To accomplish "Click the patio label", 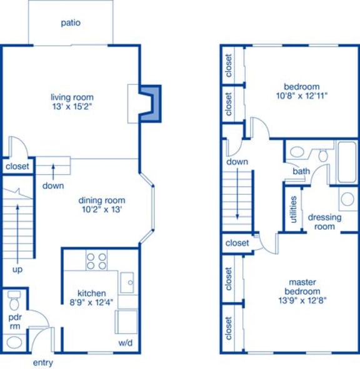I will click(x=71, y=23).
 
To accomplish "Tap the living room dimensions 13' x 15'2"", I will click(x=72, y=107).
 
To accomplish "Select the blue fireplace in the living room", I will click(x=150, y=102).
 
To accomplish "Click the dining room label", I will click(x=102, y=200).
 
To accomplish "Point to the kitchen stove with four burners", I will click(x=96, y=260).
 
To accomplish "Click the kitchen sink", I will click(x=127, y=282).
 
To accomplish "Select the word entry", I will click(x=42, y=363).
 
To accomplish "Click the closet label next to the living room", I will click(x=17, y=167).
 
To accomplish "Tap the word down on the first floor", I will click(x=52, y=185).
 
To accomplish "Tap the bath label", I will click(x=301, y=171).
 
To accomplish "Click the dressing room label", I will click(x=324, y=222).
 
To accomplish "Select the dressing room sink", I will click(x=347, y=200).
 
